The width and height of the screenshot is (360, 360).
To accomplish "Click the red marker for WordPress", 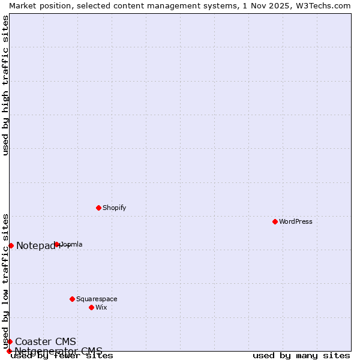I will [275, 221].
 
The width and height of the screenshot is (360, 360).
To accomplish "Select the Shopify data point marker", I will [98, 208].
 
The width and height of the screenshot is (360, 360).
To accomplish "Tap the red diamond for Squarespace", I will [72, 299].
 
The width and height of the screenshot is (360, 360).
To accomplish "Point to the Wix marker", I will [91, 307].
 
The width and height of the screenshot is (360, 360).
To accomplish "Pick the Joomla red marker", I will [57, 244].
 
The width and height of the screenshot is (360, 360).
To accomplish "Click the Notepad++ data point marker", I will [11, 245].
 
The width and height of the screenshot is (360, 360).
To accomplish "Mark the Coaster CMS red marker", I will [10, 341].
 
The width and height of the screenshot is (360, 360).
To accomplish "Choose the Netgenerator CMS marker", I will [9, 351].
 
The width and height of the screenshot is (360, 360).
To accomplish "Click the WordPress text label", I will [296, 221].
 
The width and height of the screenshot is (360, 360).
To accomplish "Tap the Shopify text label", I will [114, 208].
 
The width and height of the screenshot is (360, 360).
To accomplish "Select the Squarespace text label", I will [97, 299].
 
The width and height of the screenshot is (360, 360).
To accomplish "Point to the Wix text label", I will [101, 307].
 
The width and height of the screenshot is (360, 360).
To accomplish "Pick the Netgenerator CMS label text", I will [58, 351].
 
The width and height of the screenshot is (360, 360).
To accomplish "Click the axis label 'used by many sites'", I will [301, 356].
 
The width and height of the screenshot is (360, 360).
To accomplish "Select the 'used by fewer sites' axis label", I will [62, 356].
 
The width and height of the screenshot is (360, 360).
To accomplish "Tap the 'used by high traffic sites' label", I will [6, 85].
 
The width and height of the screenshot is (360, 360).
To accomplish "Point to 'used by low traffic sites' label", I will [6, 281].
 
